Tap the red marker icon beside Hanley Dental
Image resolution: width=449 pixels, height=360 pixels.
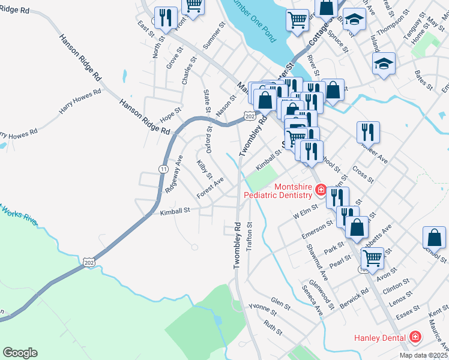(x=414, y=338)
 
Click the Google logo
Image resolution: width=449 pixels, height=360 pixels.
(x=20, y=353)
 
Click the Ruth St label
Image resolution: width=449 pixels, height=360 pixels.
(x=273, y=328)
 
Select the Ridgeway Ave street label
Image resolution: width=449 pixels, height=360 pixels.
(x=174, y=173)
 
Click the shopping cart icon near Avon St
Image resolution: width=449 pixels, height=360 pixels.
(x=372, y=258)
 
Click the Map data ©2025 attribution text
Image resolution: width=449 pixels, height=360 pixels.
(x=423, y=355)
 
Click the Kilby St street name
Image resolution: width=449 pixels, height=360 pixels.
(x=205, y=170)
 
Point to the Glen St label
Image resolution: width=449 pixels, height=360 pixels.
(x=280, y=304)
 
